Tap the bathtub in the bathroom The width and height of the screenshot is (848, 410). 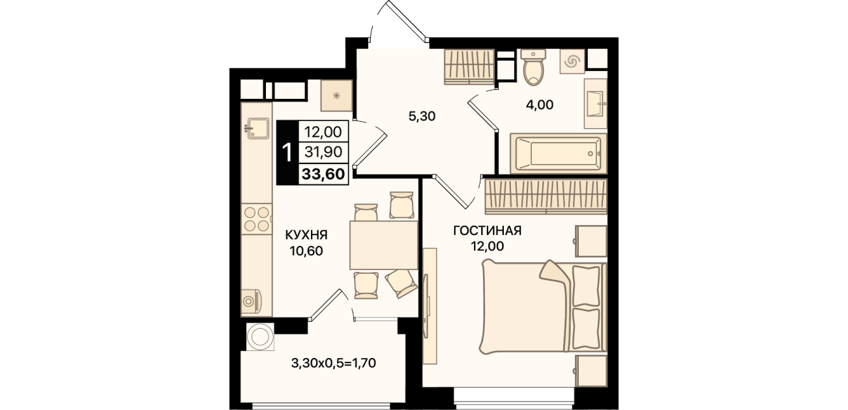click(559, 153)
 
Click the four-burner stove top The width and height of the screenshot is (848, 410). click(257, 219)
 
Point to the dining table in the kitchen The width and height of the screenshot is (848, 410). click(383, 245)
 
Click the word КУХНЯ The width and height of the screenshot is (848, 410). click(306, 235)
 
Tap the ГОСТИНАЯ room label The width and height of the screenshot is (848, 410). click(487, 230)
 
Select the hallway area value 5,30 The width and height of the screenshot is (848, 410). click(422, 116)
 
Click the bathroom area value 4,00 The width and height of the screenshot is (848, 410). click(540, 105)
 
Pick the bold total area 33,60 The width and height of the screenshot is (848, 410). click(323, 174)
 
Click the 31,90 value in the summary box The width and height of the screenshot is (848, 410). click(323, 152)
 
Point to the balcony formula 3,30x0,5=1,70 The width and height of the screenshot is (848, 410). click(334, 363)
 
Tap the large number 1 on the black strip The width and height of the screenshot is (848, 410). click(287, 153)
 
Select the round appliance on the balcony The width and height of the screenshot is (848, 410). click(260, 336)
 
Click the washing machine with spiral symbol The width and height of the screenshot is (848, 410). click(572, 61)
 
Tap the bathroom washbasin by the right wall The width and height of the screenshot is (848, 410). click(596, 103)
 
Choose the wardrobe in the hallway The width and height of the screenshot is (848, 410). click(469, 67)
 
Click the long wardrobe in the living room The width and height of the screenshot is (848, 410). click(546, 197)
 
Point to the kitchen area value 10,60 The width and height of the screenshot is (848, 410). click(306, 251)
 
